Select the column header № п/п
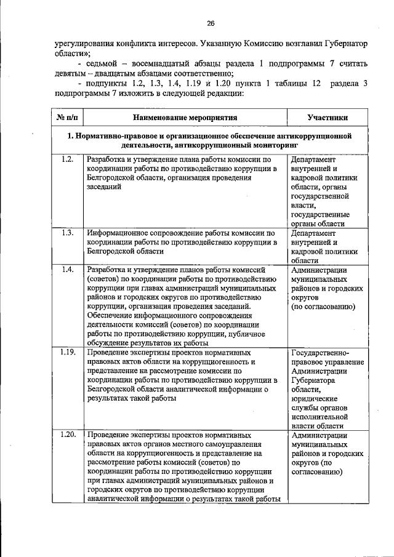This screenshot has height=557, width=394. tap(67, 117)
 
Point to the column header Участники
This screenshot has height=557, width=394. tap(328, 117)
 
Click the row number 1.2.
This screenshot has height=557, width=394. tap(68, 159)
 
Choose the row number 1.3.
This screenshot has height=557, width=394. tap(68, 233)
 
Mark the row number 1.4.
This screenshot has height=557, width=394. tap(68, 270)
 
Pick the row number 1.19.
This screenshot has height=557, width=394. tap(68, 353)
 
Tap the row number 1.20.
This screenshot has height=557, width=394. tap(68, 435)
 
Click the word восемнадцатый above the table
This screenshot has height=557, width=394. tap(163, 65)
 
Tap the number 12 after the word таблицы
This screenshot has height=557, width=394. tap(316, 84)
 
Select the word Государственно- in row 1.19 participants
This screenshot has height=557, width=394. tap(320, 353)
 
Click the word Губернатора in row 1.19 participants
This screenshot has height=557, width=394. tap(314, 380)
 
